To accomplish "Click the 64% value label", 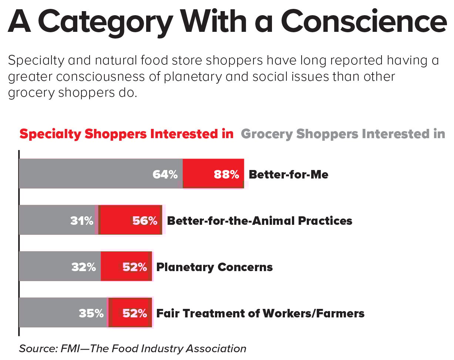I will [165, 174].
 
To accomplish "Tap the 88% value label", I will [226, 174].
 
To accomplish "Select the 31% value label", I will [82, 221].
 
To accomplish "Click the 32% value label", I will [84, 267].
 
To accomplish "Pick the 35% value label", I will [91, 313].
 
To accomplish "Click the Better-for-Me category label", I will [288, 174].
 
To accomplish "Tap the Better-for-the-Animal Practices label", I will [259, 221].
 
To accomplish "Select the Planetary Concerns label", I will [215, 267].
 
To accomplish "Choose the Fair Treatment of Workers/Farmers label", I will [260, 313].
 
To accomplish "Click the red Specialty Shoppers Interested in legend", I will [126, 134].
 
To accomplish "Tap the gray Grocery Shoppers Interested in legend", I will [343, 134].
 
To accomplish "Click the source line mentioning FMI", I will [132, 348].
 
